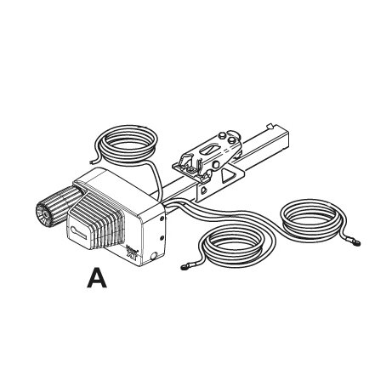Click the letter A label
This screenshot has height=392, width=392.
pyautogui.click(x=98, y=279)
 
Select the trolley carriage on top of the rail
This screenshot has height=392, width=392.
pyautogui.click(x=208, y=153)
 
